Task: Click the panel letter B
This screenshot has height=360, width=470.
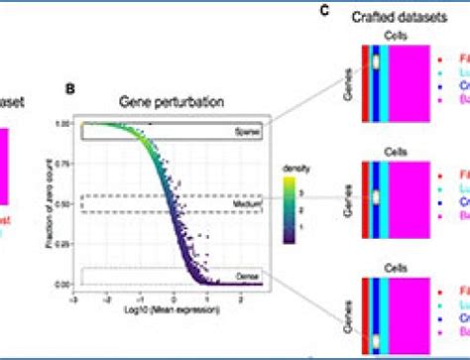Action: pos(69,88)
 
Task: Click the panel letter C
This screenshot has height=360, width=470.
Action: pos(323,10)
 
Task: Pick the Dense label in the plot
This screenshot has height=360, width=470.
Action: pos(248,276)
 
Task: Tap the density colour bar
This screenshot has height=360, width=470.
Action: pos(287,207)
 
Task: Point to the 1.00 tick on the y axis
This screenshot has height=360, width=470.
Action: pos(75,124)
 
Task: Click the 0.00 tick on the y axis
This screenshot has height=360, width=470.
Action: pos(75,285)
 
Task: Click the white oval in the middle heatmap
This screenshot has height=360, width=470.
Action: pos(377,195)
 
